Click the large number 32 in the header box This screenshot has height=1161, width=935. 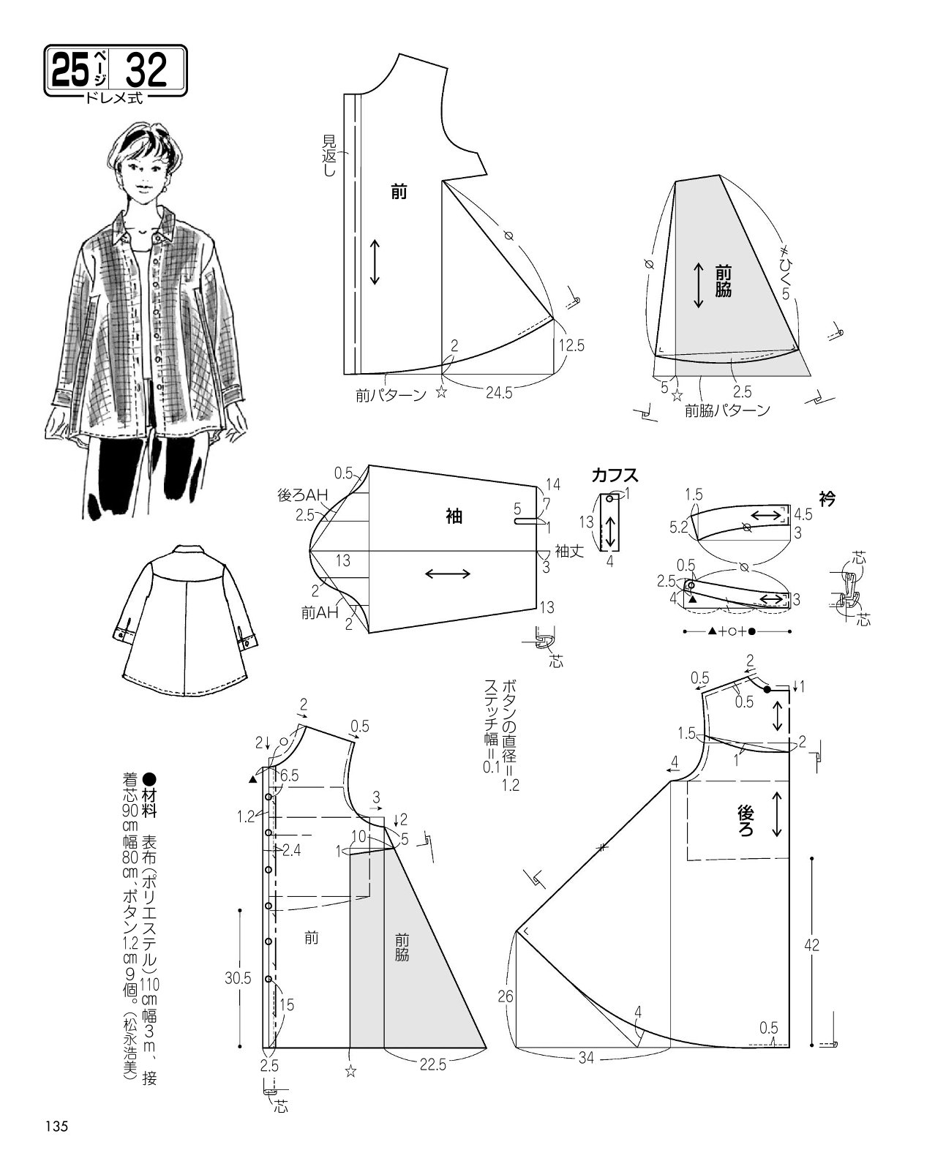pyautogui.click(x=147, y=70)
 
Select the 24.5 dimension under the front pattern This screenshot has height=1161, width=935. pyautogui.click(x=499, y=393)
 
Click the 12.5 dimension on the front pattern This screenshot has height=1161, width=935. pyautogui.click(x=571, y=345)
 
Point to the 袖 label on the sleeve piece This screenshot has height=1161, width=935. pyautogui.click(x=454, y=516)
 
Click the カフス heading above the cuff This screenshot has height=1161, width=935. pyautogui.click(x=615, y=476)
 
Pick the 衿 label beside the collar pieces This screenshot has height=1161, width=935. pyautogui.click(x=827, y=499)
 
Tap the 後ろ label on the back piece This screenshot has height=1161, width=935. pyautogui.click(x=746, y=821)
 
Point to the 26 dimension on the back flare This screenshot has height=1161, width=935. pyautogui.click(x=506, y=996)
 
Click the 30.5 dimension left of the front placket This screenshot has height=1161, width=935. pyautogui.click(x=238, y=978)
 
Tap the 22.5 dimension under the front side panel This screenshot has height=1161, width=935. pyautogui.click(x=433, y=1064)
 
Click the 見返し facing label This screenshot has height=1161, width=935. pyautogui.click(x=329, y=156)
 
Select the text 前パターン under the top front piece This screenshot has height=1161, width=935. pyautogui.click(x=391, y=396)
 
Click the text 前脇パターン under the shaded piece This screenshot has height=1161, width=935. pyautogui.click(x=727, y=410)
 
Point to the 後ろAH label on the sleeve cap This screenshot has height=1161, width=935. pyautogui.click(x=303, y=495)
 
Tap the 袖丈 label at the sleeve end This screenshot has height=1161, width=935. pyautogui.click(x=570, y=551)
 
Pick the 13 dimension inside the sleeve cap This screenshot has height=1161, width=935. pyautogui.click(x=343, y=560)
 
